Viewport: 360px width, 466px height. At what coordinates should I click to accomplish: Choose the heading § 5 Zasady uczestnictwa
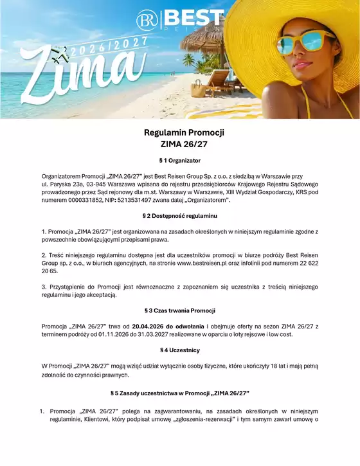180,392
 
